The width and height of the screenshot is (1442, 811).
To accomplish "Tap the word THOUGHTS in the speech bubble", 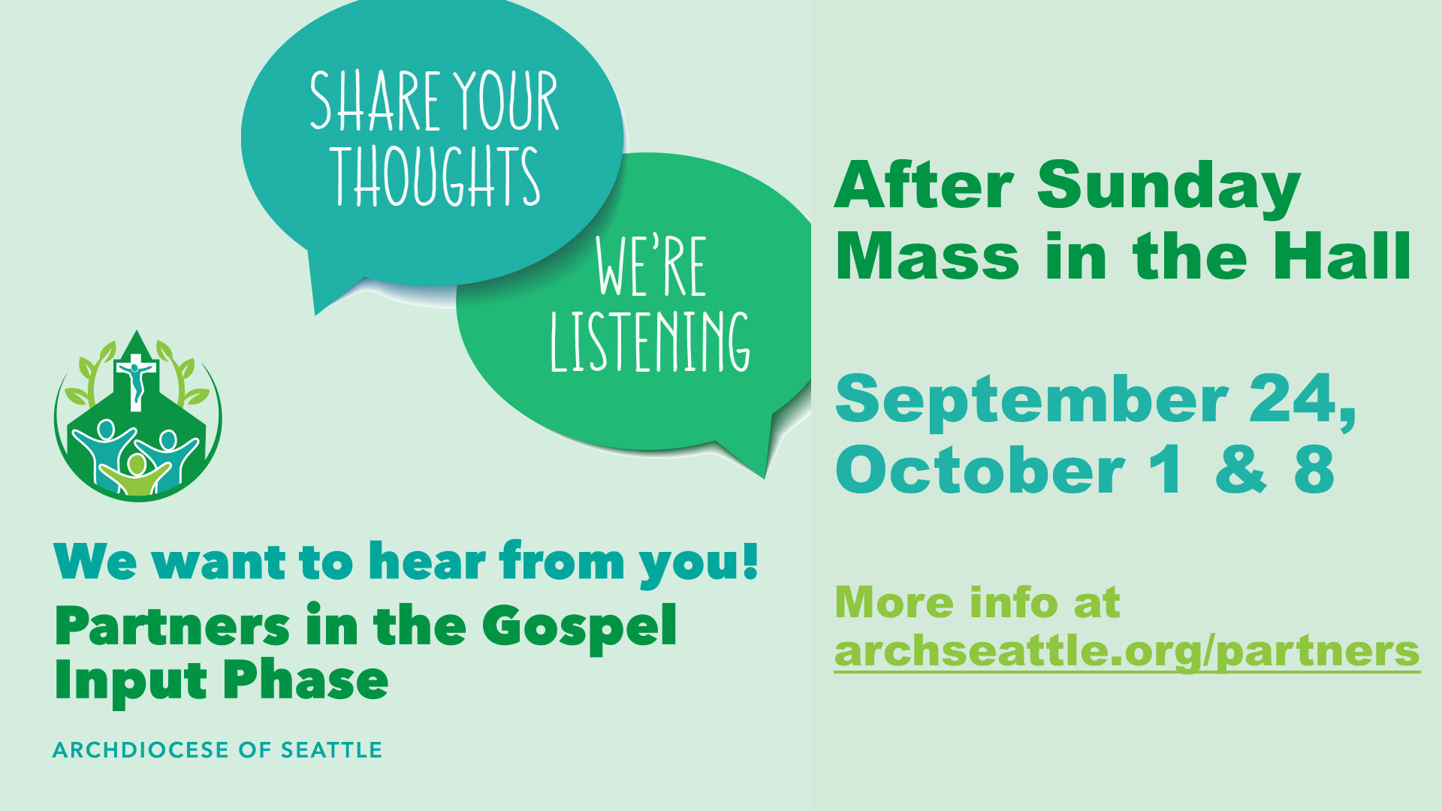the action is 437,176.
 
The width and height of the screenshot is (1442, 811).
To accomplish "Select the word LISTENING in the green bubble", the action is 650,342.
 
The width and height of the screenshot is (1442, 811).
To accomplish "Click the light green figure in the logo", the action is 136,475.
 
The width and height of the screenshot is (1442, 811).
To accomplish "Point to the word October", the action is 980,470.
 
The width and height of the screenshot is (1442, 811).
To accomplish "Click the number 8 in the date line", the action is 1314,470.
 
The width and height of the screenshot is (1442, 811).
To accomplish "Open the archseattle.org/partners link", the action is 1127,651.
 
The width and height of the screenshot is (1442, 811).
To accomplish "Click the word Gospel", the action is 579,626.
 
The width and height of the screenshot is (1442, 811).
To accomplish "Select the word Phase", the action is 306,680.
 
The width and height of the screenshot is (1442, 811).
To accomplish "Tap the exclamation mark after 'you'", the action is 749,560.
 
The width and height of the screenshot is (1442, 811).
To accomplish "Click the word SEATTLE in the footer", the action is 331,750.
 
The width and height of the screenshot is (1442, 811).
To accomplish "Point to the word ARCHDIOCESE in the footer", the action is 140,750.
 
